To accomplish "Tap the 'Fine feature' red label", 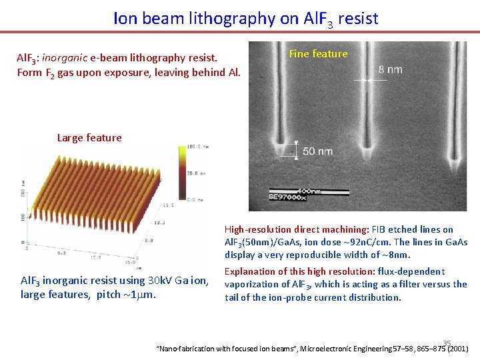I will click(318, 54).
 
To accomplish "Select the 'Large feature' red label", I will click(89, 138).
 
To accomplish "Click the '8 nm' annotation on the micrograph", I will click(390, 69).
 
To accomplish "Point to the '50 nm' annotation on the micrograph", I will click(317, 151).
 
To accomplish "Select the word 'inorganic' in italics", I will click(64, 59).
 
